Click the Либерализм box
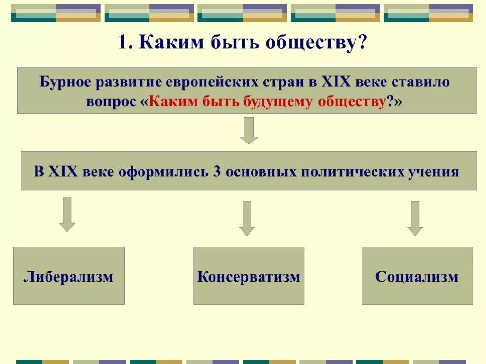[69, 276]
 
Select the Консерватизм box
[249, 276]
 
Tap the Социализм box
[417, 276]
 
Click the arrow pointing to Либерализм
[67, 214]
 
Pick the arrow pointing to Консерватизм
[247, 218]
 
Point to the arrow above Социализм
[415, 218]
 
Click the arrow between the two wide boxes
[249, 130]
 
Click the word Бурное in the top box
[65, 82]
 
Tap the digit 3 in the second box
[217, 172]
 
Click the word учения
[434, 172]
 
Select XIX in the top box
[336, 82]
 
